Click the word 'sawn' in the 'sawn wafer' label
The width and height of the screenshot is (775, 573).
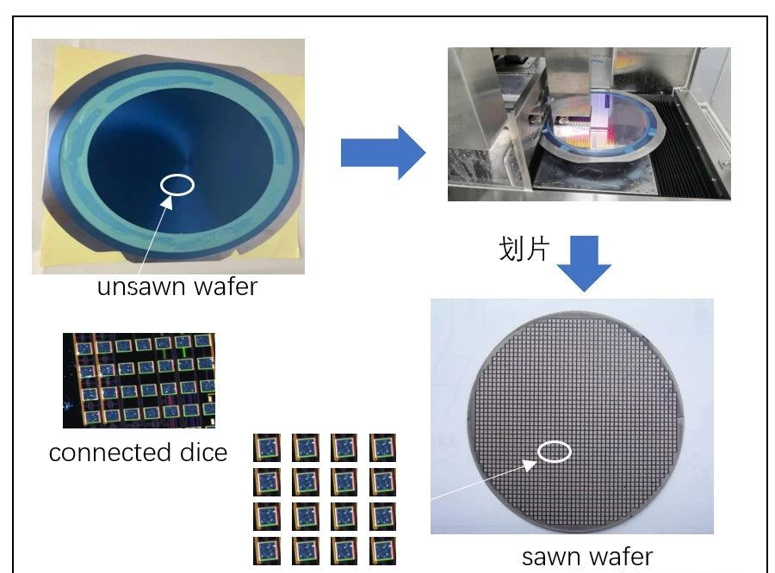point(551,557)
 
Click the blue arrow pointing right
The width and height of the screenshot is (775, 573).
point(382,152)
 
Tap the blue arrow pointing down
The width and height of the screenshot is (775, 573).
point(583,262)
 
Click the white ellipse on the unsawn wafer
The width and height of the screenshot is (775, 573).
point(177,184)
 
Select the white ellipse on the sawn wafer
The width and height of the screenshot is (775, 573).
point(555,451)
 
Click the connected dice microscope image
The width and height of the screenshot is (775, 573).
point(139,380)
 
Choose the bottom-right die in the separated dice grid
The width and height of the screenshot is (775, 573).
point(382,550)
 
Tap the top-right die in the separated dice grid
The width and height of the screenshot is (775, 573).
point(382,447)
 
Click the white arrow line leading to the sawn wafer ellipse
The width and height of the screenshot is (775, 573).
point(482,482)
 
